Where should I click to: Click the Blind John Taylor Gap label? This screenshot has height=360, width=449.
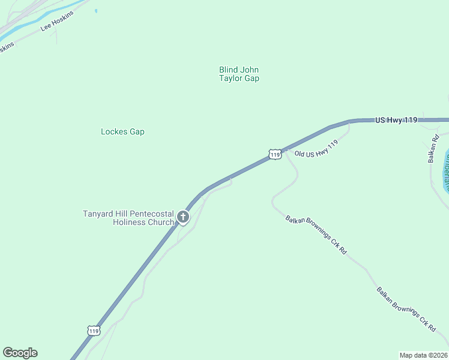[x=239, y=74]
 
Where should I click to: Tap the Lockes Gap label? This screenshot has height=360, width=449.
[x=122, y=131]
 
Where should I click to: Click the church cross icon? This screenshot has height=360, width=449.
[x=183, y=217]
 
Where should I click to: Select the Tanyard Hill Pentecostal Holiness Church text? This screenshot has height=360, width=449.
[x=128, y=218]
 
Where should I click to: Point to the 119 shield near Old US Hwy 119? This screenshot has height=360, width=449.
[x=275, y=154]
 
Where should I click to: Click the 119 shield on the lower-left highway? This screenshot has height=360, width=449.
[x=93, y=330]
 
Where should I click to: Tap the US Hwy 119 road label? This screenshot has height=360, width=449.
[x=396, y=121]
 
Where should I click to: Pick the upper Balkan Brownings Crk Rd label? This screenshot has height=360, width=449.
[x=316, y=235]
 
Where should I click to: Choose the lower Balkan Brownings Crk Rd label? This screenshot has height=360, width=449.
[x=406, y=310]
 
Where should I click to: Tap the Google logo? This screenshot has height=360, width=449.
[x=20, y=353]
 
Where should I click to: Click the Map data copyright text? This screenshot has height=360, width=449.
[x=423, y=355]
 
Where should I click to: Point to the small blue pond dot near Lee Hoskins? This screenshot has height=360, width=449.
[x=96, y=10]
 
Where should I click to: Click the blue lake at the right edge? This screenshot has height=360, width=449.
[x=445, y=171]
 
